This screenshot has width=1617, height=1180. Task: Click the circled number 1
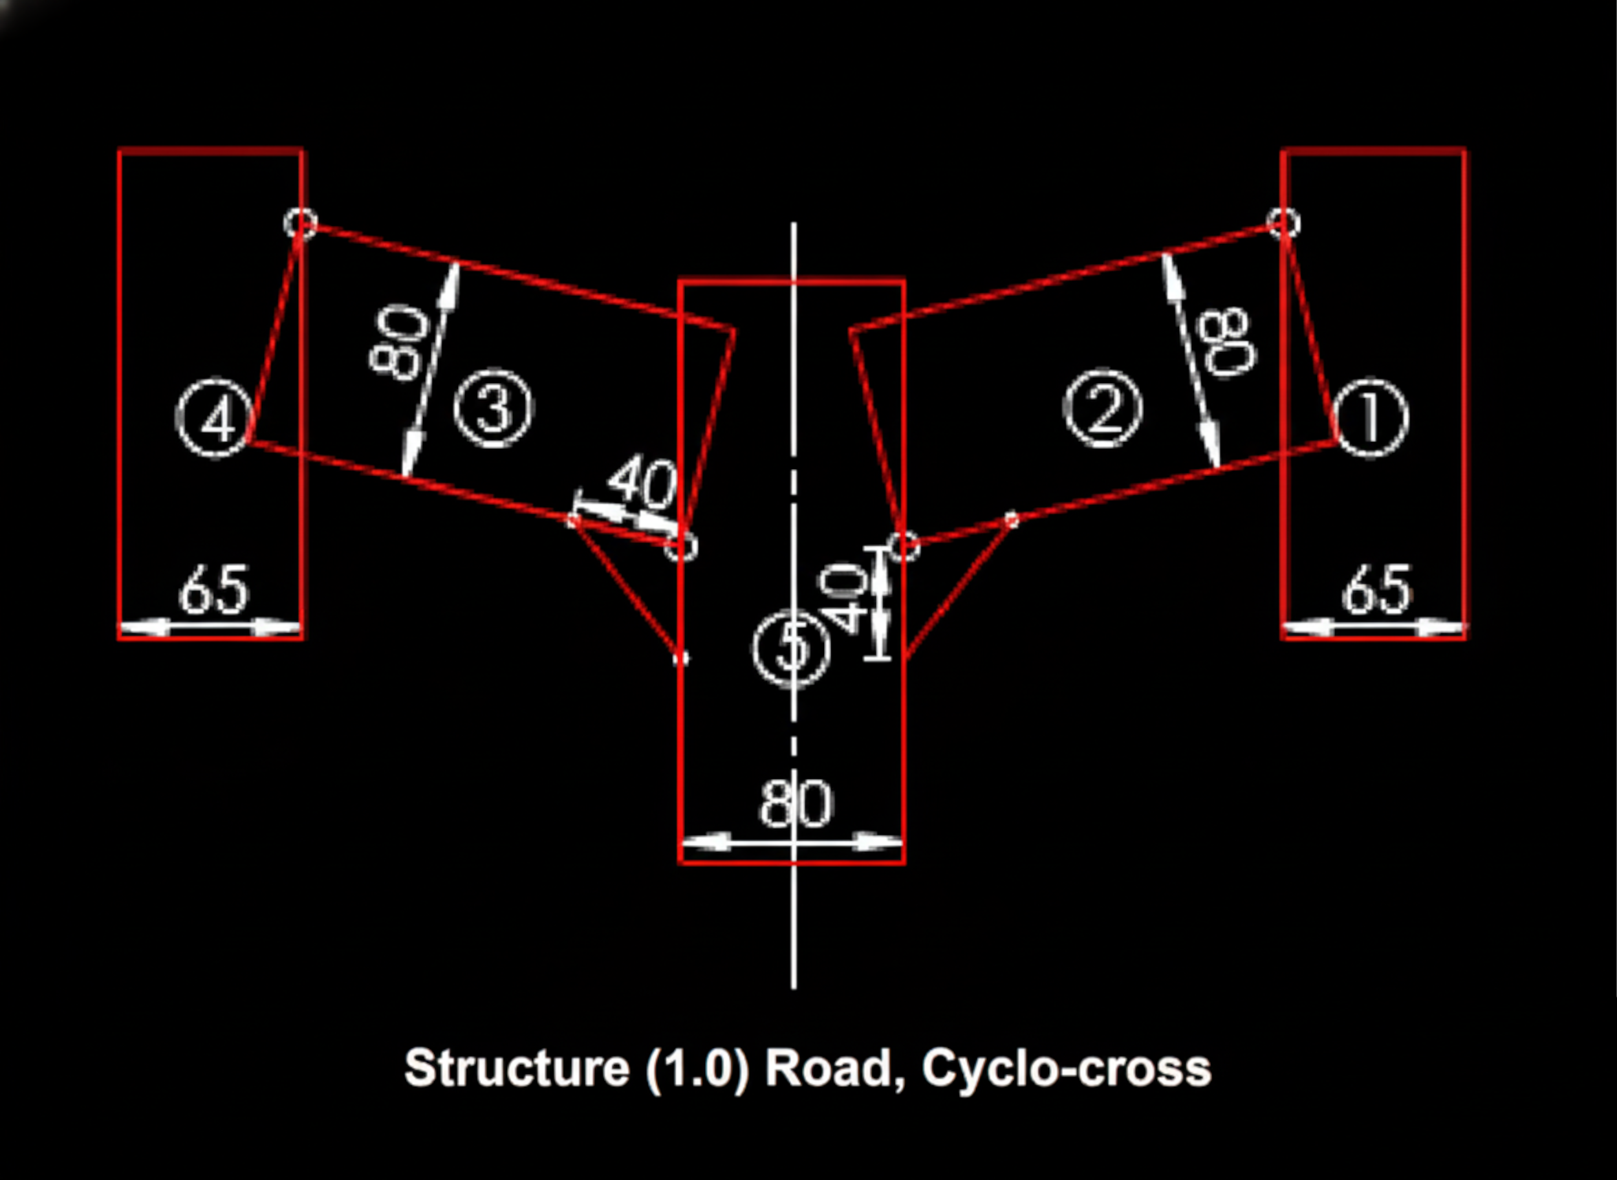(1371, 418)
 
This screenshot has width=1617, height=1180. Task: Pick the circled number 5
(791, 650)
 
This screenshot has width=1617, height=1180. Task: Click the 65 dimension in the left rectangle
(213, 590)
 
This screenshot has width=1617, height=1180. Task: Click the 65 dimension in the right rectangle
(1377, 590)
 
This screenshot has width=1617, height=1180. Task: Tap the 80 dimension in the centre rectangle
(795, 804)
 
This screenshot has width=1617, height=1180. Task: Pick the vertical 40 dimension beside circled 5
(843, 598)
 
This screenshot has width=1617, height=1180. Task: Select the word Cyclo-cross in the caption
(1067, 1068)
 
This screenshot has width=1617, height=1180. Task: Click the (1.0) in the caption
(697, 1068)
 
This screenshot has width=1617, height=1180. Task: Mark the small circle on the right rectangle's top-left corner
(1283, 223)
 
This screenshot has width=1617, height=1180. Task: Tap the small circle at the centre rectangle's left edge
(680, 548)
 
